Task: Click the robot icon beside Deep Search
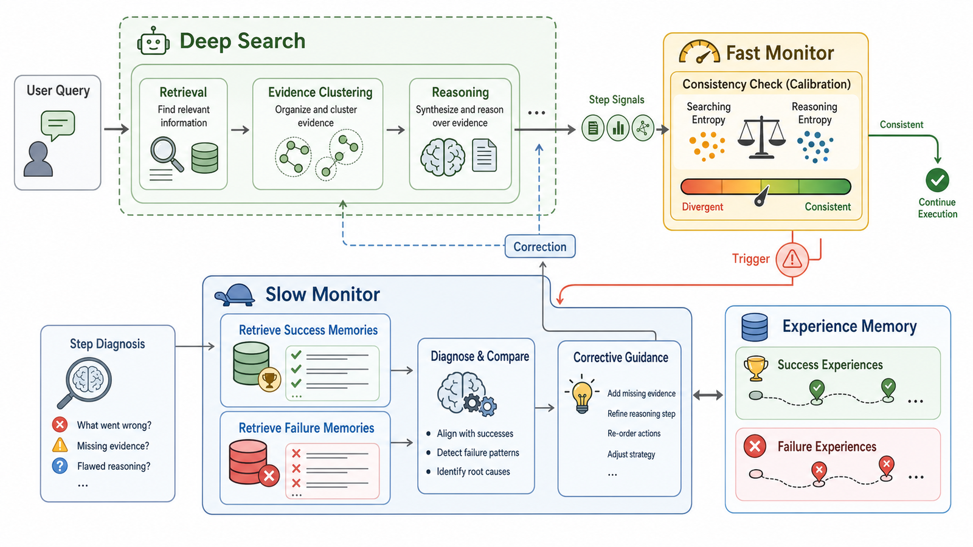tap(153, 41)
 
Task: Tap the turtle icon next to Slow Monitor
tap(235, 295)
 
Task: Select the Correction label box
tap(540, 246)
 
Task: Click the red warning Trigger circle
tap(792, 260)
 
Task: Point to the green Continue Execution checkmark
tap(937, 180)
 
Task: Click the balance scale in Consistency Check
tap(761, 137)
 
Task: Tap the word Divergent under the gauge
tap(702, 207)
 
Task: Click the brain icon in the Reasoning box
tap(443, 157)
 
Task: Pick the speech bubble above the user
tap(58, 125)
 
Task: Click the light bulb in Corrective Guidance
tap(581, 394)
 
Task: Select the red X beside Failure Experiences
tap(755, 446)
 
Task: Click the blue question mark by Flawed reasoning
tap(60, 466)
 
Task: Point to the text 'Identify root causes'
tap(473, 472)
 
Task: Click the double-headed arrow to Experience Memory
tap(708, 394)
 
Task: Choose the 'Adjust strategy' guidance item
tap(631, 454)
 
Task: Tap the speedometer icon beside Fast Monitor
tap(699, 52)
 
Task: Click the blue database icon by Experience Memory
tap(755, 327)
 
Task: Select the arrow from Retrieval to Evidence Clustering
tap(240, 129)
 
